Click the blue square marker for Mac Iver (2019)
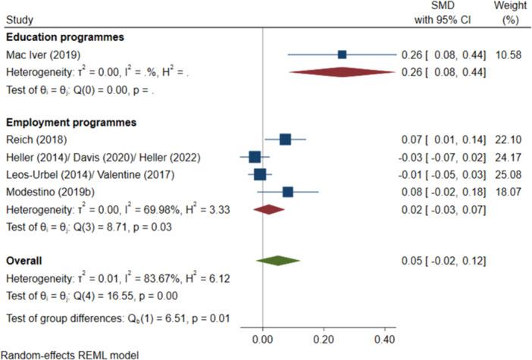pos(342,55)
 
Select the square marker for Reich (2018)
pos(285,139)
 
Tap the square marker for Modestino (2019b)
pos(287,192)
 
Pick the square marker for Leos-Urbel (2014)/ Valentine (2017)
pos(260,174)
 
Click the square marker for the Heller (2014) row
pos(255,157)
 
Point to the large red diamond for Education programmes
pos(342,72)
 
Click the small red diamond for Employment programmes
pos(268,209)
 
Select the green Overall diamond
pos(278,261)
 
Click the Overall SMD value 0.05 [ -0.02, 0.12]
pos(443,261)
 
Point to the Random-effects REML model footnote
pos(70,354)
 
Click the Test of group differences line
pos(117,318)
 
